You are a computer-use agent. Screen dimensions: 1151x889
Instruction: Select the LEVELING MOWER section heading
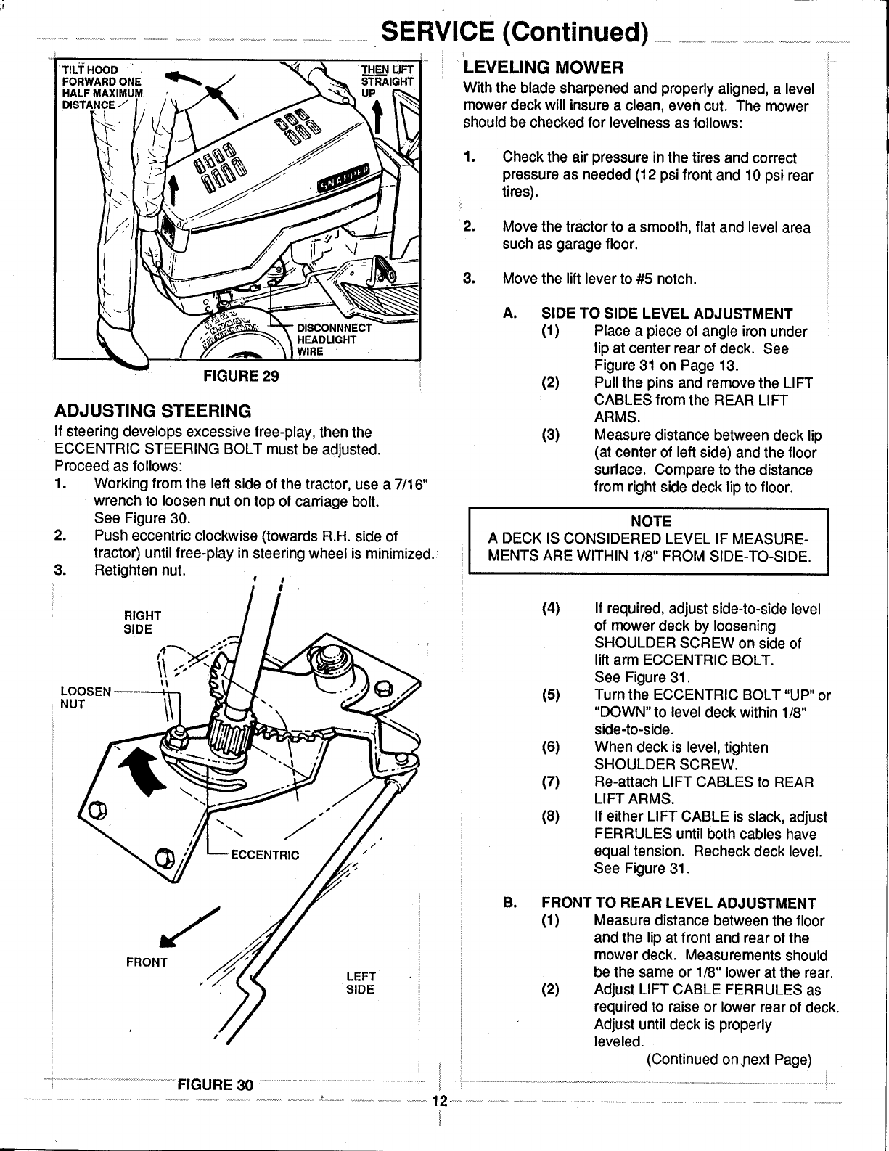coord(543,68)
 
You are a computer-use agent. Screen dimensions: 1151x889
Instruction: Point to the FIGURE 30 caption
coord(216,1085)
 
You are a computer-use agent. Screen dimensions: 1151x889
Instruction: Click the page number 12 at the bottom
coord(439,1100)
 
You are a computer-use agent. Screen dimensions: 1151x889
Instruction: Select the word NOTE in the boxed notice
coord(650,522)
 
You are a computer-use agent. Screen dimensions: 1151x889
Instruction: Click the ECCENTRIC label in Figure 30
coord(264,854)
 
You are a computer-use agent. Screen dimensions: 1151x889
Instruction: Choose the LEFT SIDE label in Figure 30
coord(360,982)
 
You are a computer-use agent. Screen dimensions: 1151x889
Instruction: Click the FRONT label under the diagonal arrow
coord(147,962)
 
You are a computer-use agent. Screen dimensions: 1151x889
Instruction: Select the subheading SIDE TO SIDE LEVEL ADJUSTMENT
coord(667,314)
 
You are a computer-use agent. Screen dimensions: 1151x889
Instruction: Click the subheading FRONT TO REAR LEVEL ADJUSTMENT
coord(679,903)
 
